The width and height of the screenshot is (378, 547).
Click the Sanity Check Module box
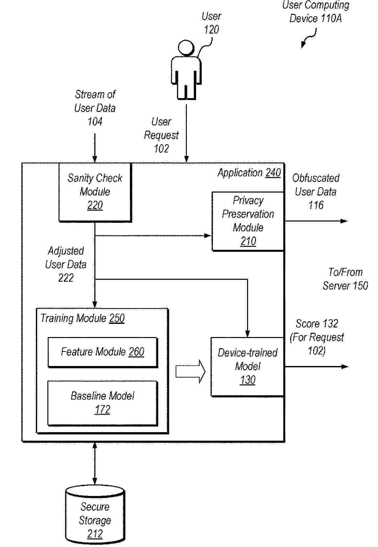point(95,192)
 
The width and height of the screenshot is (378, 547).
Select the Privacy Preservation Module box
point(248,221)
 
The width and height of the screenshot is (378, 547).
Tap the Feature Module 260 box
point(102,352)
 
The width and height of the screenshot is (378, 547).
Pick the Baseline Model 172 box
point(102,403)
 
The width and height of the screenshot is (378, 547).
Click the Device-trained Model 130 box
point(247,366)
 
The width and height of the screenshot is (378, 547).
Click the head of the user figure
point(186,48)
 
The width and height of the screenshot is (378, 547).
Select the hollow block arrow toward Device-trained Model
point(190,372)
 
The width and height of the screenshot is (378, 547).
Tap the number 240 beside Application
point(273,173)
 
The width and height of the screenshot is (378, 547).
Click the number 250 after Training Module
point(117,318)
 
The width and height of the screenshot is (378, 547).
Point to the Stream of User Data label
point(95,108)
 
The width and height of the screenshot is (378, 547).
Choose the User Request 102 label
point(161,135)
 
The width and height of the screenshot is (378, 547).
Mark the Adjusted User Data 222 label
point(66,264)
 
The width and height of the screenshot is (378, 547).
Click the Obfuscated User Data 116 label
point(315,192)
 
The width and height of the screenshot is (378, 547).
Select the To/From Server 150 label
point(345,279)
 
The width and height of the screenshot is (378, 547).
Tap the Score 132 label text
point(316,324)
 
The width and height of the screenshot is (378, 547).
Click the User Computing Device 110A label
point(315,12)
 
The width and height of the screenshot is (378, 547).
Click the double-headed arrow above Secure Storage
point(95,463)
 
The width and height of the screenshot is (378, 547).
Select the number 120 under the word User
point(211,30)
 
